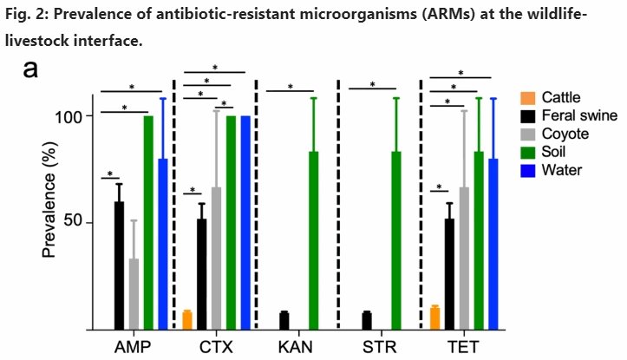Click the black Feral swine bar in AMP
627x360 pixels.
coord(119,265)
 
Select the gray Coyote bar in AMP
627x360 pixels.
coord(134,294)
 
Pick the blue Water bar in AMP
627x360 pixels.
coord(162,244)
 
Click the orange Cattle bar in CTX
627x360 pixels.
coord(187,320)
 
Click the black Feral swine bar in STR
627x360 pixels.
coord(367,320)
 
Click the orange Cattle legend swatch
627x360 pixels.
coord(527,97)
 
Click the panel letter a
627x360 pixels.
coord(30,69)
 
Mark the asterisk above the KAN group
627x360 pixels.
coord(290,86)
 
